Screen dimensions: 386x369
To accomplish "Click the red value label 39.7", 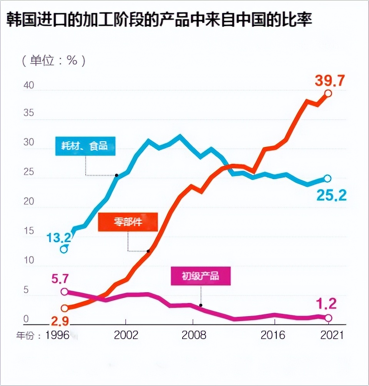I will [x=330, y=81].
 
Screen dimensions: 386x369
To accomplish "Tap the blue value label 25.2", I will [x=331, y=196].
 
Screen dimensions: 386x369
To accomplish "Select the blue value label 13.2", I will [x=58, y=238].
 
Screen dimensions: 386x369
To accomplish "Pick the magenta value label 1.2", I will [x=326, y=304].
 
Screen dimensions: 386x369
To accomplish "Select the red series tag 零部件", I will [x=128, y=222].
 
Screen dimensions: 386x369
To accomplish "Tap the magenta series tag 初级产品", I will [x=200, y=276].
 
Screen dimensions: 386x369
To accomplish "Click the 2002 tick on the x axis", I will [x=126, y=335].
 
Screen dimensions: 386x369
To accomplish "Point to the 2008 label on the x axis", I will [x=194, y=335].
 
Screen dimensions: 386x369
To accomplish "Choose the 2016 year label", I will [x=273, y=335].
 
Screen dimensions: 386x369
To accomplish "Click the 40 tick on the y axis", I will [x=28, y=85].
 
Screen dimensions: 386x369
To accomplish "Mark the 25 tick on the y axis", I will [x=28, y=172].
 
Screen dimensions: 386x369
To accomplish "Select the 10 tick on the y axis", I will [x=28, y=260].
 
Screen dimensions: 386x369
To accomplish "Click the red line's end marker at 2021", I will [x=328, y=93].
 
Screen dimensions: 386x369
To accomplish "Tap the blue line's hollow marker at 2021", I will [x=327, y=178].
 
